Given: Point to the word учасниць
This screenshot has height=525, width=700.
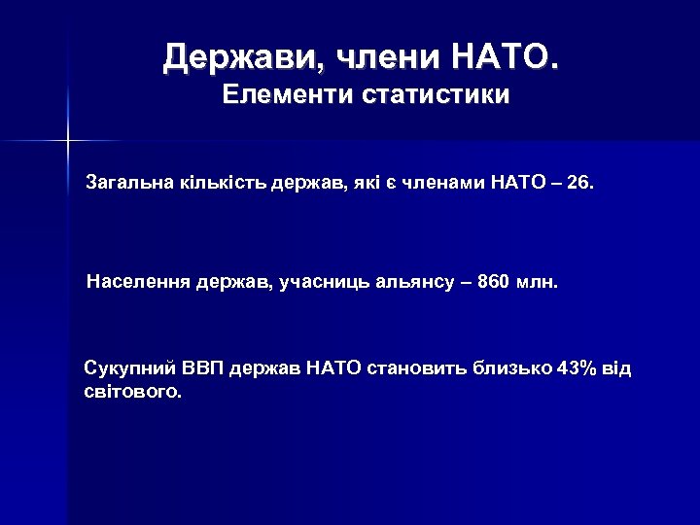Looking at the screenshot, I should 326,283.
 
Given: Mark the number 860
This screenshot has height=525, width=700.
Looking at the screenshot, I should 494,283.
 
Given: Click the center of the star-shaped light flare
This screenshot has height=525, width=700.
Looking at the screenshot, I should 68,142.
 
